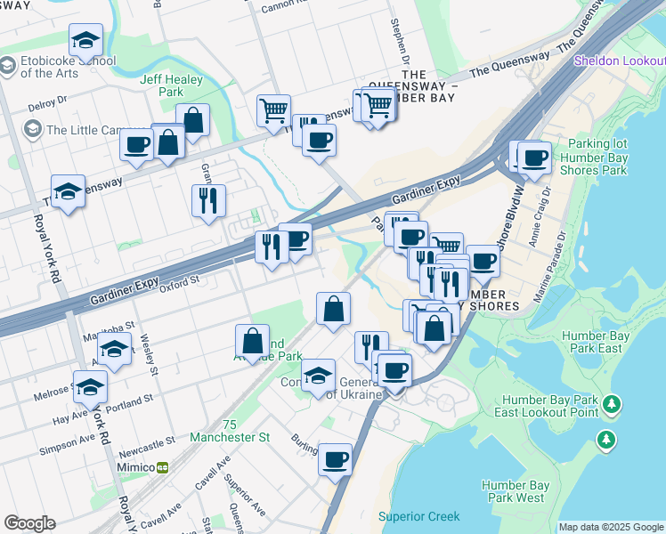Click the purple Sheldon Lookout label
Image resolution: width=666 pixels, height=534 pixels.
[x=619, y=61]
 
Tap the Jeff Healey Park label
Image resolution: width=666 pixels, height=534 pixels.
[x=172, y=85]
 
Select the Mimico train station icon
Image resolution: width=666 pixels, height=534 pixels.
[x=162, y=466]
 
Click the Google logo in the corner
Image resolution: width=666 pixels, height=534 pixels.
[x=29, y=523]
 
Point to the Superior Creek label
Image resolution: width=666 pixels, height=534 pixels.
[x=418, y=516]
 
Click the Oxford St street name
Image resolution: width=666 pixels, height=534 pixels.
[x=180, y=283]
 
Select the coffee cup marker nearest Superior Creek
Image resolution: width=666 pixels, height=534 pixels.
[x=335, y=460]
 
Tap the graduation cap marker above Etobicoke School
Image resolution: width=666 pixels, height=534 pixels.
[x=85, y=40]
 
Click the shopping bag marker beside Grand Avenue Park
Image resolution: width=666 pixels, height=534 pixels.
[x=253, y=341]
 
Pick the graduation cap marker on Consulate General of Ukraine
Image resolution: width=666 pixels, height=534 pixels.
[x=318, y=376]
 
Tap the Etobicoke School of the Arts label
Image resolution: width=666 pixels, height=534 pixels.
[x=59, y=68]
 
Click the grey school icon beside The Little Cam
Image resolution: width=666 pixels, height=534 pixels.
[x=33, y=130]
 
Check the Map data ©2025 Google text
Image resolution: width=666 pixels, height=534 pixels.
[x=611, y=526]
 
